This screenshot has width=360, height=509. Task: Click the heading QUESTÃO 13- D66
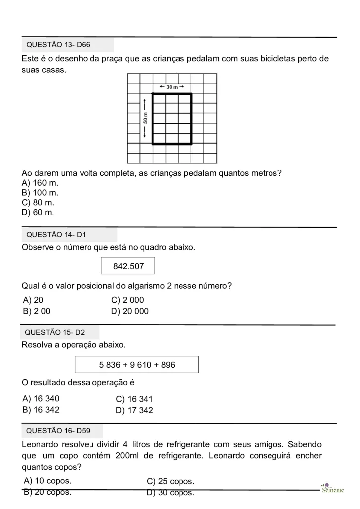pos(58,45)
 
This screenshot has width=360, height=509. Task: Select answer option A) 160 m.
pos(40,183)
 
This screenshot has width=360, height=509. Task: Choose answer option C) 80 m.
pos(38,202)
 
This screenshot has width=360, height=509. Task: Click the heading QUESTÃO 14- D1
pos(56,235)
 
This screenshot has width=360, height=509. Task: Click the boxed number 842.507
pos(128,266)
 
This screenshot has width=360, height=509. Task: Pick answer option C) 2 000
pos(128,300)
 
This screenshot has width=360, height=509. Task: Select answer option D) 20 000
pos(130,311)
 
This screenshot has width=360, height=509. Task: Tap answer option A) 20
pos(33,300)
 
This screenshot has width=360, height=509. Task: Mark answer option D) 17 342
pos(134,410)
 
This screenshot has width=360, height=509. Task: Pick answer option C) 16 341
pos(134,399)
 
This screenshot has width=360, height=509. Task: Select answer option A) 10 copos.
pos(48,481)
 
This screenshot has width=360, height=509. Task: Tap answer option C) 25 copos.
pos(171,481)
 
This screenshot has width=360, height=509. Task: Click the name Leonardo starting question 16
pos(41,444)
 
